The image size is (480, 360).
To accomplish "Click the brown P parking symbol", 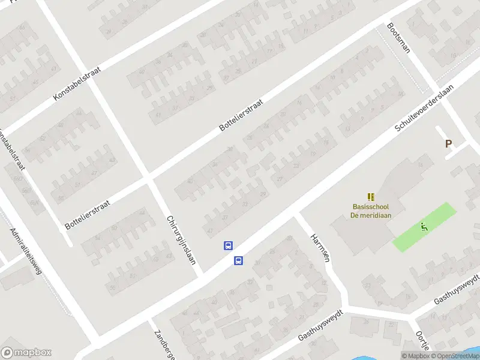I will tap(448, 144).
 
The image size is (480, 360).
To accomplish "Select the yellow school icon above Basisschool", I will tap(371, 196).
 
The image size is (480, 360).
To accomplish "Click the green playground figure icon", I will tap(425, 227).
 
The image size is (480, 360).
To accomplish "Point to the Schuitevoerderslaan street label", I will tap(424, 108).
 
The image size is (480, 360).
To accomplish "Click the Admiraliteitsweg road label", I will tap(26, 251).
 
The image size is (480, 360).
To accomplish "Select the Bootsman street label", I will tap(398, 38).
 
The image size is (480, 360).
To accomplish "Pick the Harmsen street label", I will tap(317, 247).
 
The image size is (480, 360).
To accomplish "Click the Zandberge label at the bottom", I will tap(163, 343).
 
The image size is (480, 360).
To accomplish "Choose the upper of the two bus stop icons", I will tap(229, 245).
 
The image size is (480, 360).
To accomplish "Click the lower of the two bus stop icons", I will tap(238, 260).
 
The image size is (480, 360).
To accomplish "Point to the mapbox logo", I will tap(26, 352).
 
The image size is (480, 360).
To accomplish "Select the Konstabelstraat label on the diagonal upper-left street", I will tap(77, 83).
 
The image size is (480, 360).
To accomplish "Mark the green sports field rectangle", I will tap(425, 227).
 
